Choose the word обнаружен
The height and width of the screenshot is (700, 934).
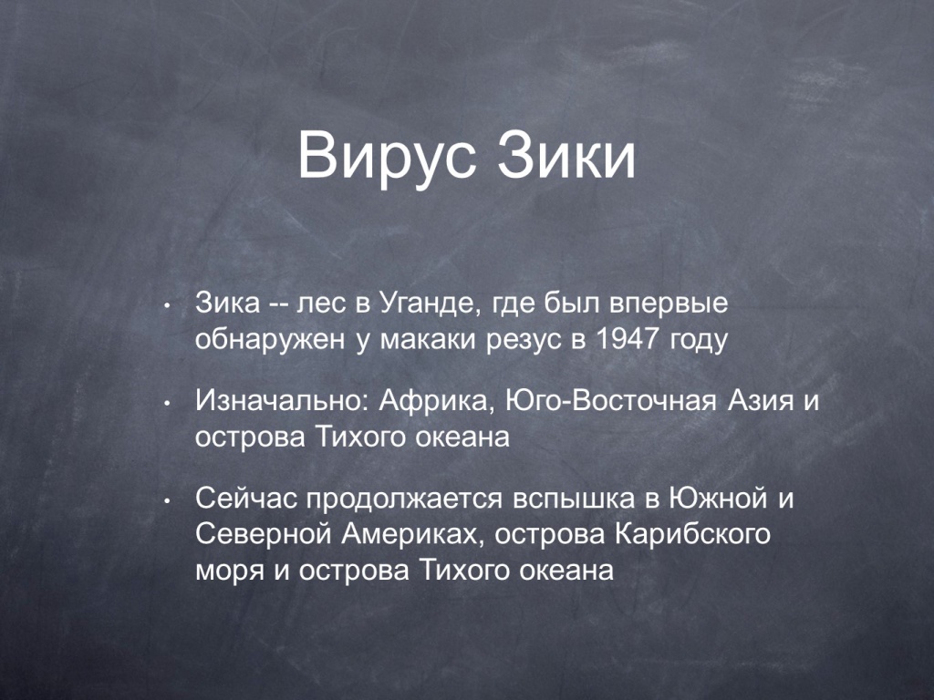pos(270,340)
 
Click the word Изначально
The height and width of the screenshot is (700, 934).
pos(282,401)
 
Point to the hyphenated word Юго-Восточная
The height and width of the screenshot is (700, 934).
pos(610,401)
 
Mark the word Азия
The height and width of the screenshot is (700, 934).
pos(761,401)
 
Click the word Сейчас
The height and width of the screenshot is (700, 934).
pos(246,499)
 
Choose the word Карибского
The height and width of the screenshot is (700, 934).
pos(692,535)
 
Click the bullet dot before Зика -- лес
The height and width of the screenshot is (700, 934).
pos(168,307)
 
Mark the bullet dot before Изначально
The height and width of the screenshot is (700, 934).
pos(168,404)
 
